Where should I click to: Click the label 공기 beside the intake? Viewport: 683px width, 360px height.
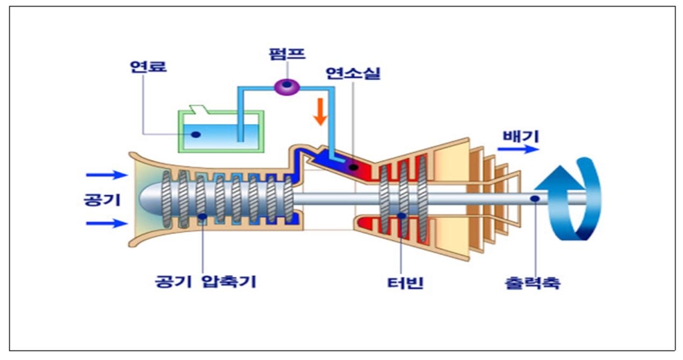coord(100,199)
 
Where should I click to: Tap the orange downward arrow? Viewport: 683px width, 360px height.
coord(320,111)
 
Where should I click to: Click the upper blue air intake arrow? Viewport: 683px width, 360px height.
coord(106,175)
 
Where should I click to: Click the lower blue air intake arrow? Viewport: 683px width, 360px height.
coord(106,223)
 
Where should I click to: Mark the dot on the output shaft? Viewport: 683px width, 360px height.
coord(535,197)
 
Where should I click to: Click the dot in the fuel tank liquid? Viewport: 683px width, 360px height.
coord(196,134)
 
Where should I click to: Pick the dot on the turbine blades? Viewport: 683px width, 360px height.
coord(401,215)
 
